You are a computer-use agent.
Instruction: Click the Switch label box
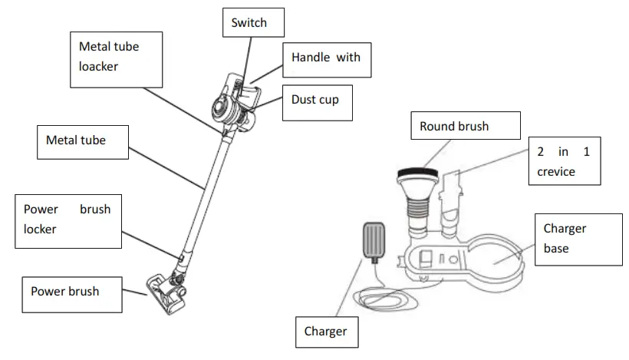coord(250,24)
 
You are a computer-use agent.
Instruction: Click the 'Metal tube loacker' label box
coord(117,59)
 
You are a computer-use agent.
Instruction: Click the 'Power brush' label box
coord(70,292)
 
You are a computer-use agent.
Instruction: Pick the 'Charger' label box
coord(325,331)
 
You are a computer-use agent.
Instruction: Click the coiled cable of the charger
coord(384,295)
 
